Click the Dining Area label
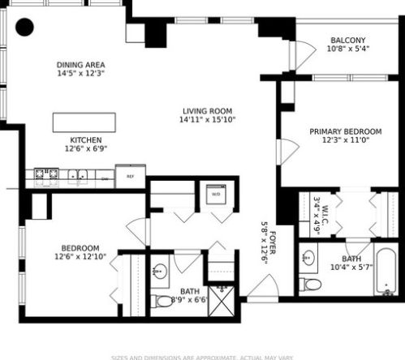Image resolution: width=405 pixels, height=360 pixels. coord(80,65)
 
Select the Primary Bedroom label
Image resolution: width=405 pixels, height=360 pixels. coord(345,131)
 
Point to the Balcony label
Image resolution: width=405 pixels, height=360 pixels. coord(347,40)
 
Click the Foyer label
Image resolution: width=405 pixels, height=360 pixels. coord(273,243)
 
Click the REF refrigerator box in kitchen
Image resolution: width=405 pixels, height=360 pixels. coord(129,176)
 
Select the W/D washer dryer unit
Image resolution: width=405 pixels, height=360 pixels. coord(216,195)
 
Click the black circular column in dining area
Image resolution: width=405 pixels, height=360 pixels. coord(25,27)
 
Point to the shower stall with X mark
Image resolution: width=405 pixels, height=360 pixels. coord(219,298)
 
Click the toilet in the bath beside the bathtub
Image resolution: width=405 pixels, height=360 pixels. coord(309,284)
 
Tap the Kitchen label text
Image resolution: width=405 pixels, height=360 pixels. coord(85,139)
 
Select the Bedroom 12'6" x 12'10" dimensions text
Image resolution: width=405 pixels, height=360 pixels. coord(80,257)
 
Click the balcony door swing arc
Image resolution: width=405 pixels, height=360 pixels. coord(300,55)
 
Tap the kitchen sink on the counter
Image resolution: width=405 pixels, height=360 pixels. coord(77,174)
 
